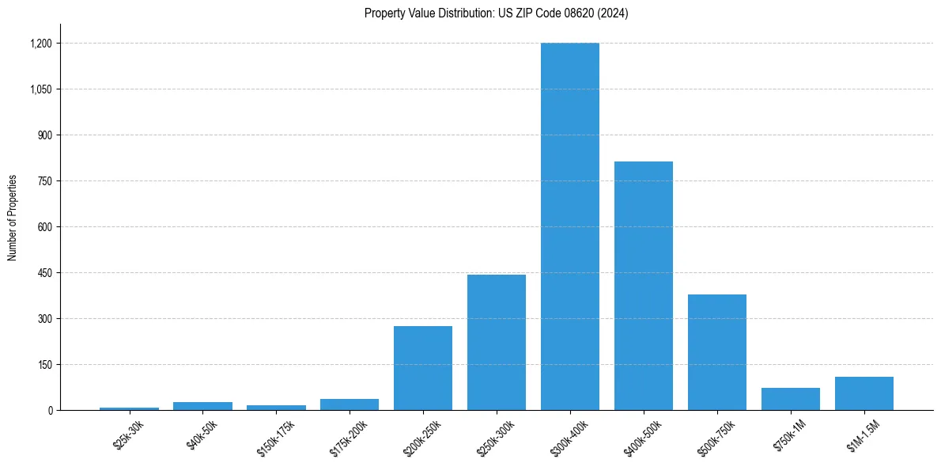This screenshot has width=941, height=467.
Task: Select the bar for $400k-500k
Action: pyautogui.click(x=644, y=286)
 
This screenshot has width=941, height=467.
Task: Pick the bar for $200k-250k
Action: pyautogui.click(x=423, y=368)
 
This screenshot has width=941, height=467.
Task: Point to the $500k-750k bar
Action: pyautogui.click(x=717, y=352)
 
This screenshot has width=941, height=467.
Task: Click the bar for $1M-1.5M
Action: pyautogui.click(x=864, y=393)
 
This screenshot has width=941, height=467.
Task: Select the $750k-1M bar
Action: pyautogui.click(x=791, y=399)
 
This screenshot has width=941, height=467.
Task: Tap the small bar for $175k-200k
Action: pyautogui.click(x=350, y=404)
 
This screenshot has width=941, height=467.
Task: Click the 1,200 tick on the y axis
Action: pyautogui.click(x=41, y=44)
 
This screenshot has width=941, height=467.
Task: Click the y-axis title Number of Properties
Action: pyautogui.click(x=12, y=218)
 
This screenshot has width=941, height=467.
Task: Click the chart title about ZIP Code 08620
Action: pyautogui.click(x=496, y=13)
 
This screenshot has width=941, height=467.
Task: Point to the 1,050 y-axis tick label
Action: pyautogui.click(x=41, y=89)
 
